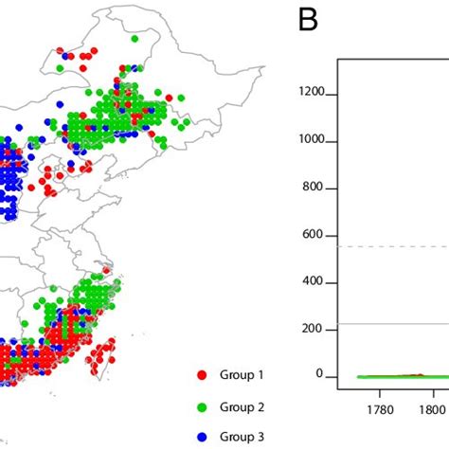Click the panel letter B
coord(308,20)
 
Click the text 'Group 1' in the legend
coord(241,376)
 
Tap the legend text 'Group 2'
coord(241,406)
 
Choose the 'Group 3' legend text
coord(241,437)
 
